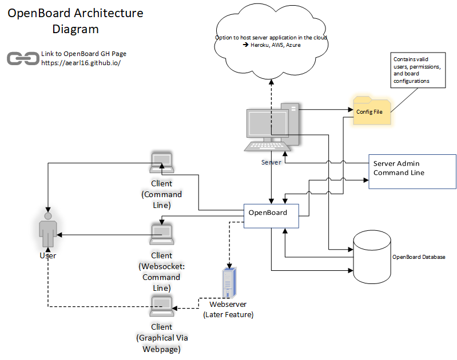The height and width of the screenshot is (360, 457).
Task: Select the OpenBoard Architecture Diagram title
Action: pos(75,21)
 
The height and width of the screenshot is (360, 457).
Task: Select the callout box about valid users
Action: pos(418,70)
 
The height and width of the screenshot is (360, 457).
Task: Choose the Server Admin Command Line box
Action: pos(412,171)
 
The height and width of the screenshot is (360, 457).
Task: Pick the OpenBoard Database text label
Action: pos(418,257)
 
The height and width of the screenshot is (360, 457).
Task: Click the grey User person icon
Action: pos(47,230)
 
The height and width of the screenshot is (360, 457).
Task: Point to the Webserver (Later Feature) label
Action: pos(228,309)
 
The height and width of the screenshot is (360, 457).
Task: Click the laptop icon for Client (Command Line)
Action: pos(161,163)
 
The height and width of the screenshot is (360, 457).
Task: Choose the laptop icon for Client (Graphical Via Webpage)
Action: pos(161,307)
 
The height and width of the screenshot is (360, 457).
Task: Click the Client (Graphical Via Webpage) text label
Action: pos(161,338)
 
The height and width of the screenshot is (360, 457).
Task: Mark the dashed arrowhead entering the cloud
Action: pos(271,81)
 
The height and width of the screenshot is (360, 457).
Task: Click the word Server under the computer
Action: pos(271,162)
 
